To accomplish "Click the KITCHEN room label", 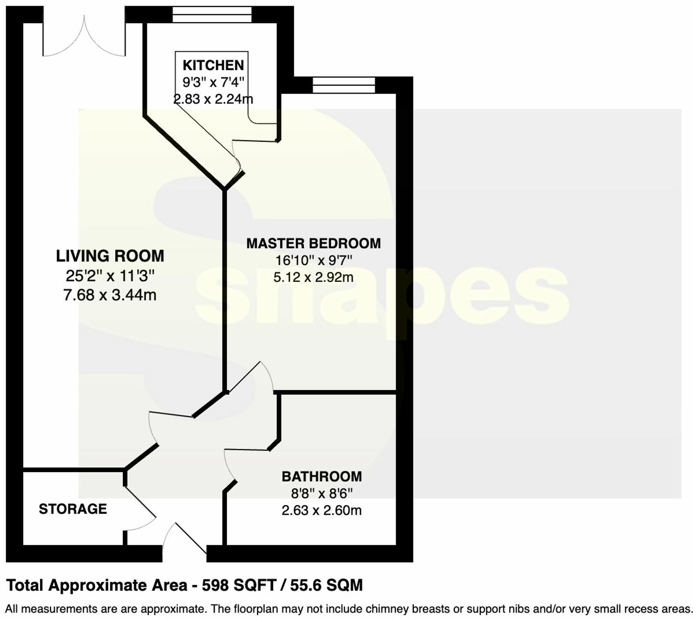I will click(x=213, y=65).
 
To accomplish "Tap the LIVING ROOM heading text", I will click(x=110, y=256).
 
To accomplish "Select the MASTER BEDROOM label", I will click(x=313, y=243).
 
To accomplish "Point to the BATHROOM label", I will click(x=321, y=476).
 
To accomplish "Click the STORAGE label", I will click(x=73, y=509).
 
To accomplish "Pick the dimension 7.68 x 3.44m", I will click(x=110, y=295).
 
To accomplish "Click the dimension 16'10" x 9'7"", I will click(x=314, y=260).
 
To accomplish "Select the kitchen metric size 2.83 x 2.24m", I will click(x=213, y=98).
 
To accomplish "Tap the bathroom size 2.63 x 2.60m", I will click(x=321, y=510).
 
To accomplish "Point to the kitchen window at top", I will click(x=212, y=14).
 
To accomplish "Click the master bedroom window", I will click(x=344, y=85).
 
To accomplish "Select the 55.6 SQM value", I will click(x=326, y=585).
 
